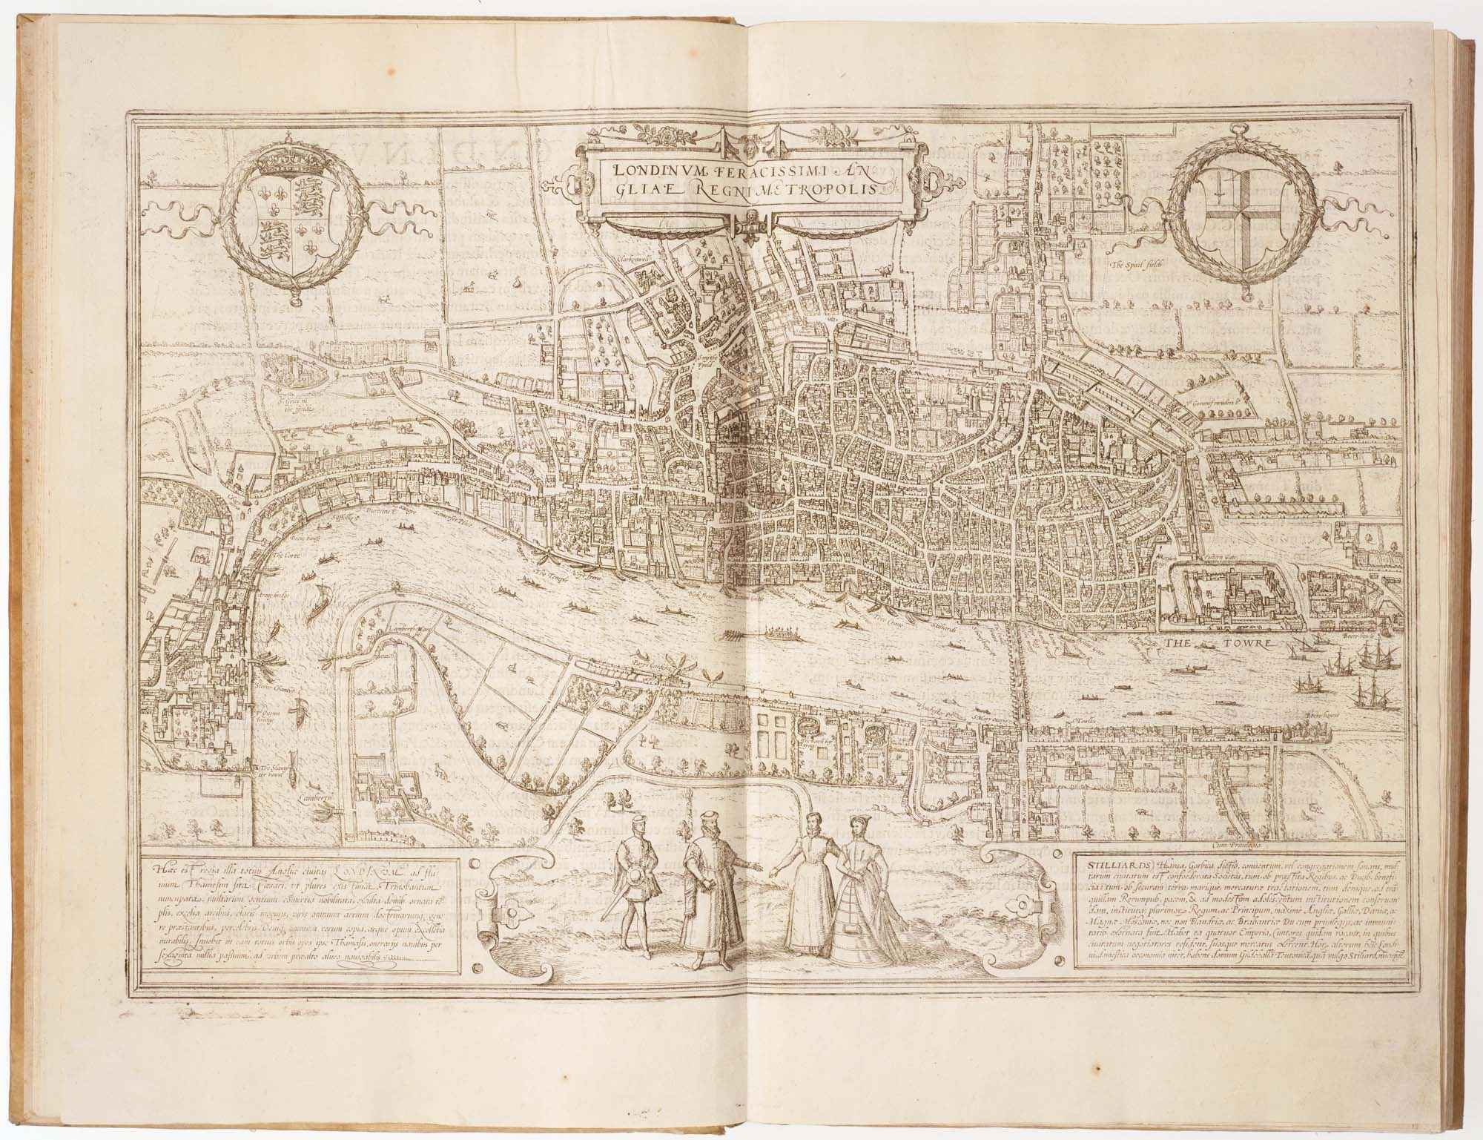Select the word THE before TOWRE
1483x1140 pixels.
coord(1178,642)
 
